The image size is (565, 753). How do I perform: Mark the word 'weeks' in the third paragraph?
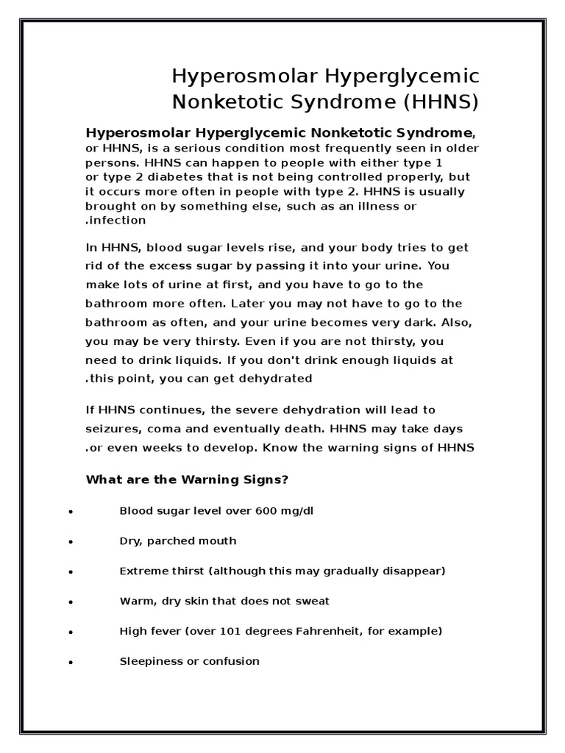[181, 448]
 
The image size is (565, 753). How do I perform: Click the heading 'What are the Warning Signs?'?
[187, 480]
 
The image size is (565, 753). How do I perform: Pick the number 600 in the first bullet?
[255, 511]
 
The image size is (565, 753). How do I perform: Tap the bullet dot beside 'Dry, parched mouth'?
[69, 542]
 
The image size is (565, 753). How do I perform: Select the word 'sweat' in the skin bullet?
[314, 602]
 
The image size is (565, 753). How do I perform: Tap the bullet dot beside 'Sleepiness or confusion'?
[69, 663]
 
